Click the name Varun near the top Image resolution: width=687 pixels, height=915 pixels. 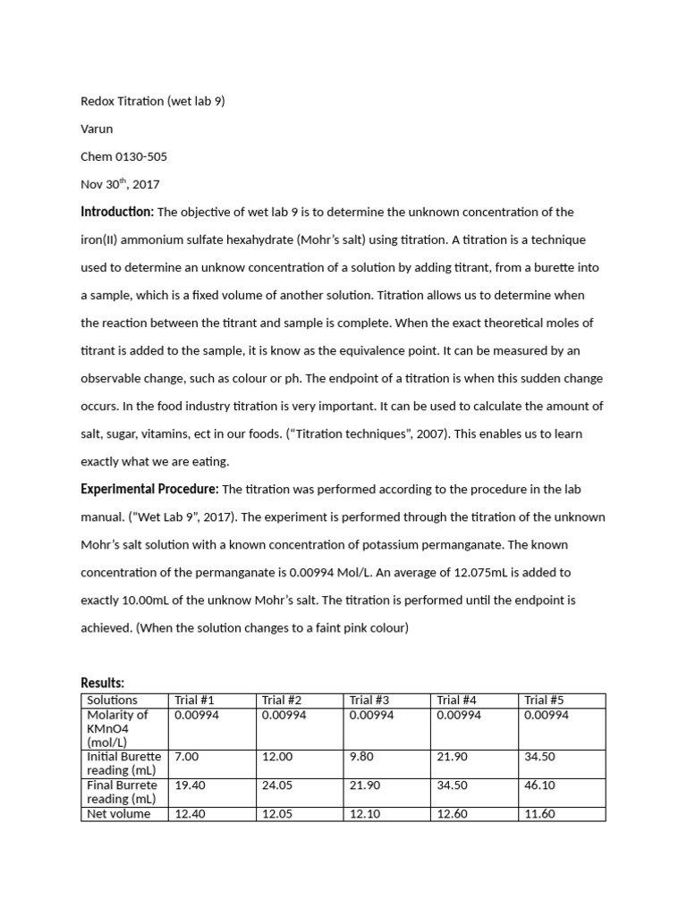97,129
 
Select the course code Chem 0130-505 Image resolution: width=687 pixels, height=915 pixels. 123,156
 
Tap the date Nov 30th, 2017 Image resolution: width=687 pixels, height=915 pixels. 120,184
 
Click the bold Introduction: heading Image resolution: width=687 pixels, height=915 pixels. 117,212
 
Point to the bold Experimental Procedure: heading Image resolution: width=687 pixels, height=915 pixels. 149,489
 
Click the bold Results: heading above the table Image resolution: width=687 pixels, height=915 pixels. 103,684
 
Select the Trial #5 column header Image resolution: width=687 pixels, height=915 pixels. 546,700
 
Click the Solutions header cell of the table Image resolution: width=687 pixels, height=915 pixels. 112,700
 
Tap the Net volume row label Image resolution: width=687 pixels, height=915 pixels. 118,814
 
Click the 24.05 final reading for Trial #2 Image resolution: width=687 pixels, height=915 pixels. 276,785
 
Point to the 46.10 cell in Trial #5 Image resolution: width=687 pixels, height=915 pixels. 539,785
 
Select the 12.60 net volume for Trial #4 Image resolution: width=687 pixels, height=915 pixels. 452,814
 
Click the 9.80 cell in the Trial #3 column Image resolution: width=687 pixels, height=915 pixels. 362,756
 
